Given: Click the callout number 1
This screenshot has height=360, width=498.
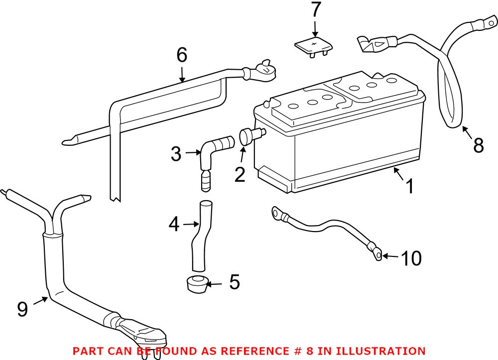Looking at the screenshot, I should [x=409, y=187].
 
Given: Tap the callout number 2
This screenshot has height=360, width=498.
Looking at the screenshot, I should [x=240, y=174].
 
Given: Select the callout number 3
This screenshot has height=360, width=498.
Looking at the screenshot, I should [x=176, y=154].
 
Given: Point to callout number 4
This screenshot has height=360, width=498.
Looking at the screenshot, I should [x=174, y=225].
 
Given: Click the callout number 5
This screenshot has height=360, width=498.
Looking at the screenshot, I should [x=235, y=282].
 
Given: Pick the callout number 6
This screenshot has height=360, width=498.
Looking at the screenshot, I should [x=182, y=55].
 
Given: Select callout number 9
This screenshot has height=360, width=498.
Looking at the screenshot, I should [x=22, y=309].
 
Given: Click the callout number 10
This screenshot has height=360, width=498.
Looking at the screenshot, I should [x=411, y=258].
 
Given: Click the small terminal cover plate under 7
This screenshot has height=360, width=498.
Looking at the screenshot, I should [x=313, y=46].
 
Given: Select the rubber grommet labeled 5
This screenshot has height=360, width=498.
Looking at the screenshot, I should [x=197, y=284].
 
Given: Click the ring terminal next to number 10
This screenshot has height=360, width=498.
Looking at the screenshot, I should [x=377, y=255].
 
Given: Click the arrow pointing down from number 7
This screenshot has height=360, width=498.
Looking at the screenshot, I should [x=315, y=27].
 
